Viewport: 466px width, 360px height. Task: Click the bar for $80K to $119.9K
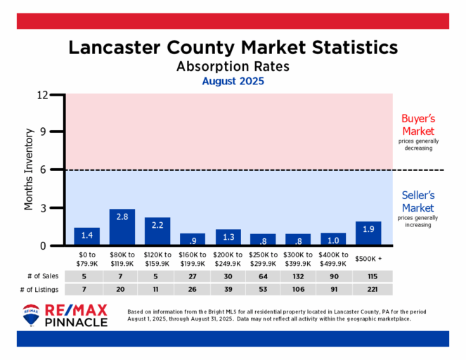click(x=122, y=227)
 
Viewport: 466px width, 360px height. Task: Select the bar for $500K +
click(x=368, y=233)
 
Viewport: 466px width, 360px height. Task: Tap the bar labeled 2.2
click(x=157, y=231)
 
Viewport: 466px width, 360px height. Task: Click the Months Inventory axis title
click(x=30, y=169)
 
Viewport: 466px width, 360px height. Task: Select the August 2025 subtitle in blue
click(x=233, y=82)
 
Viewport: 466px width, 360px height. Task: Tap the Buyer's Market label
click(x=418, y=125)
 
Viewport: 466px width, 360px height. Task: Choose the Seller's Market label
click(x=418, y=202)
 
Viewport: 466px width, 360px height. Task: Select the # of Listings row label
click(x=37, y=290)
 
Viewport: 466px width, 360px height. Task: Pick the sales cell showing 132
click(x=298, y=276)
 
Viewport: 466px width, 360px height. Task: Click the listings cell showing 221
click(x=368, y=290)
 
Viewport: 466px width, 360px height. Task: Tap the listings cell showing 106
click(x=298, y=290)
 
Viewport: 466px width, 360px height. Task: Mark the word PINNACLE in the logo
click(x=77, y=322)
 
